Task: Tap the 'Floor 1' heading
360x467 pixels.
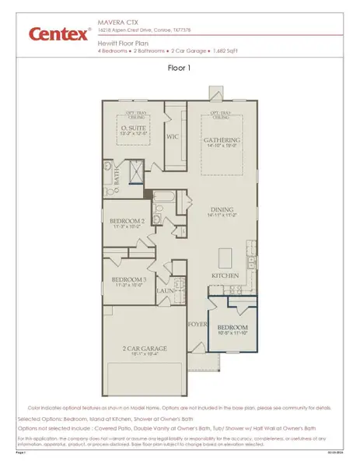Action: pos(180,68)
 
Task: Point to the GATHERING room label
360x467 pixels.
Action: pos(222,139)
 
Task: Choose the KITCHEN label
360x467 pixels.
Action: pos(225,276)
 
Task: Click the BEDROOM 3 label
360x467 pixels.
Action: pos(129,279)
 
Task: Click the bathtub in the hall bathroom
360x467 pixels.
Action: pos(166,198)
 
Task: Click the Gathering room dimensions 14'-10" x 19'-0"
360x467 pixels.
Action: pos(222,146)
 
